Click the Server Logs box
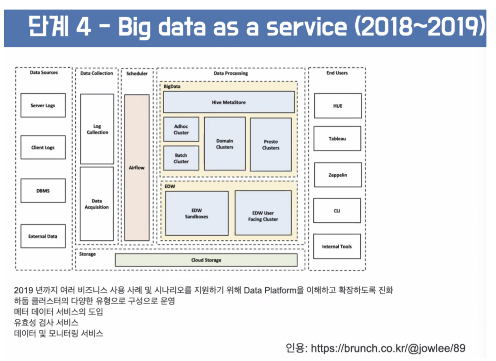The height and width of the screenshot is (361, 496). [x=43, y=105]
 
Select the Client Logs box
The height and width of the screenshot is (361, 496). [x=43, y=147]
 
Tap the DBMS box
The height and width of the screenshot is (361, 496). [x=43, y=191]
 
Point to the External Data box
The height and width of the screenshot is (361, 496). [x=43, y=236]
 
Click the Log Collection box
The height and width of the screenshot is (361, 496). [x=97, y=129]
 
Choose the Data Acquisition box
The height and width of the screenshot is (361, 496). [x=97, y=204]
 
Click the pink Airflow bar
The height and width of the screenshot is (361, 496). [x=137, y=168]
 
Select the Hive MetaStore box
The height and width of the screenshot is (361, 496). [x=229, y=102]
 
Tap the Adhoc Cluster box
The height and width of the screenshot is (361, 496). [x=181, y=129]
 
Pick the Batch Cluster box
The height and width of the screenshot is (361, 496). [x=181, y=158]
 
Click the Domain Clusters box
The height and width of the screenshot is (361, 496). [x=225, y=144]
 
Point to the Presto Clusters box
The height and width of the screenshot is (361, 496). [x=271, y=145]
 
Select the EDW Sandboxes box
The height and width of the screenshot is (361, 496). [x=197, y=213]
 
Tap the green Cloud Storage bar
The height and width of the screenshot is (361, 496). [x=206, y=260]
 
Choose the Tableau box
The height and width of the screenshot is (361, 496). [x=337, y=139]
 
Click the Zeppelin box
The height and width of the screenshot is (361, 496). [x=338, y=175]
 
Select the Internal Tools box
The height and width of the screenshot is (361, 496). [x=337, y=247]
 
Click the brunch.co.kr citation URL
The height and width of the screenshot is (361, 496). [x=388, y=348]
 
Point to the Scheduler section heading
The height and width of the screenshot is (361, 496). [x=137, y=74]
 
